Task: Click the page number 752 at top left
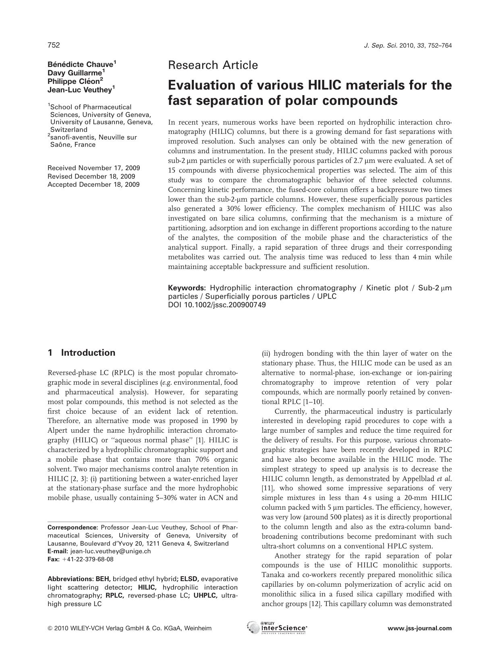coord(54,45)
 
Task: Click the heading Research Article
coord(213,65)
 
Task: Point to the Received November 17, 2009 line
coord(94,168)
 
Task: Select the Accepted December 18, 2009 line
coord(93,185)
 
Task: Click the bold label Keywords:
coord(187,288)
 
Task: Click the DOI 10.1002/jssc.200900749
coord(217,305)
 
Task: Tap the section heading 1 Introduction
coord(81,353)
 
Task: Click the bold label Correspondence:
coord(73,527)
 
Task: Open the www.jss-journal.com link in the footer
coord(419,628)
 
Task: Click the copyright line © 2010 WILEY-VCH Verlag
coord(129,628)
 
